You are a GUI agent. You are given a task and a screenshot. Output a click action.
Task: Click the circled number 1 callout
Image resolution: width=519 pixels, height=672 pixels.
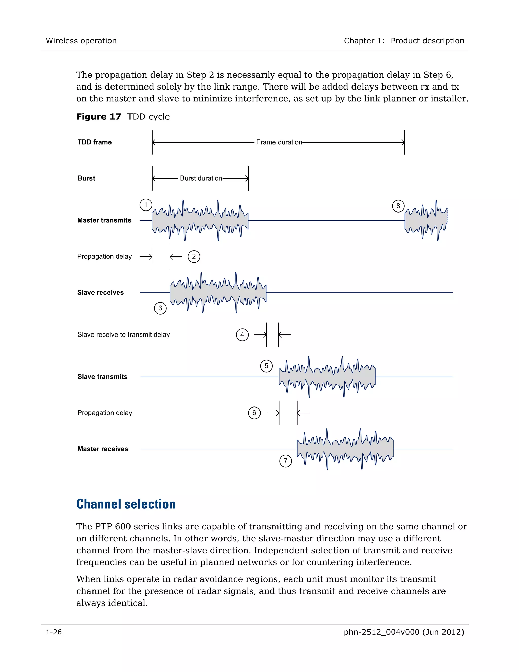pos(146,205)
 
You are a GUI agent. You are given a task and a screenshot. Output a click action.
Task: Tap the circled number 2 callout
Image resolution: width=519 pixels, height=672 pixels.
pos(194,256)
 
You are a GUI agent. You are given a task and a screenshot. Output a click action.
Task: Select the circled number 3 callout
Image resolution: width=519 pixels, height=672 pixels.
pos(160,308)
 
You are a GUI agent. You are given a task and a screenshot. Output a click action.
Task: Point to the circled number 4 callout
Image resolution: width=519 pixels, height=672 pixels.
pos(242,334)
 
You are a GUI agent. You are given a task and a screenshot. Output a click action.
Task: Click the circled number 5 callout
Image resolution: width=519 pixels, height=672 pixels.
pos(266,366)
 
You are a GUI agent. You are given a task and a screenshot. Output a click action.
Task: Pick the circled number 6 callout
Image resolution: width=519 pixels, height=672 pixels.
pos(254,413)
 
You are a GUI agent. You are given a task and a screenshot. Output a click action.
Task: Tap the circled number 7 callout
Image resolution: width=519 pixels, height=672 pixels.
pos(285,461)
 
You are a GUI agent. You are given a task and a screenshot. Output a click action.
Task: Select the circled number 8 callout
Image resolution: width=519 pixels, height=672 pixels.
pos(398,206)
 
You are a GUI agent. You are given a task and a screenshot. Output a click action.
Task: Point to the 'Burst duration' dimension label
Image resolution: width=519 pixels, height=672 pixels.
pos(201,178)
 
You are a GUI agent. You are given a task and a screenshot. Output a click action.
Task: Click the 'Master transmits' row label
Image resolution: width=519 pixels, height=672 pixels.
pos(104,220)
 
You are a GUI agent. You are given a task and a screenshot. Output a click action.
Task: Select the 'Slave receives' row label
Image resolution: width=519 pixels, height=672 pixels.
pos(100,293)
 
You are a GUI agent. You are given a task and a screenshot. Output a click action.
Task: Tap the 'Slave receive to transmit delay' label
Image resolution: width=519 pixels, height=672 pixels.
pos(123,334)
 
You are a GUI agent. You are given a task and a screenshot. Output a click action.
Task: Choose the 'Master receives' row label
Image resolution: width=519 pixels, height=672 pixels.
pos(103,449)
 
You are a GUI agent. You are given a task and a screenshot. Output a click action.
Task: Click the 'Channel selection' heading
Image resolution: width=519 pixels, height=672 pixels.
pos(126,504)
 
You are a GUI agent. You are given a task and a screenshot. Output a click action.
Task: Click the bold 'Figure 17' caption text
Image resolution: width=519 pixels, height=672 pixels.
pos(98,117)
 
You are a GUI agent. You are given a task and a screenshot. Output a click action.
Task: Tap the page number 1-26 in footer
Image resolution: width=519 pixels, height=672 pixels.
pos(53,632)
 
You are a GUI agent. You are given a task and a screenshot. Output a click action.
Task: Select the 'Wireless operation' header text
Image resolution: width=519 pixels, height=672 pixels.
pos(81,41)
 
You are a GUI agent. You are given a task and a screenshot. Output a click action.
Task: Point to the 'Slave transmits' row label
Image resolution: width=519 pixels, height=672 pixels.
pos(102,377)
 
